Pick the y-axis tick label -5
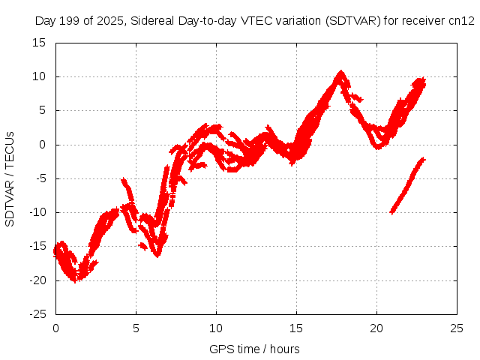(42, 178)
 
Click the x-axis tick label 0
(55, 328)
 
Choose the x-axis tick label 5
(136, 328)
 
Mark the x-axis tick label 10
(216, 328)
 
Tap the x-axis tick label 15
(296, 328)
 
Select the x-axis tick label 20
(376, 328)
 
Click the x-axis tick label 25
(457, 328)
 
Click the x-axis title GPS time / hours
(254, 349)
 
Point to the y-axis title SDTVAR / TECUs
(10, 178)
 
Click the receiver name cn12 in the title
(462, 21)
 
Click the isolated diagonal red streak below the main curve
(407, 185)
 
